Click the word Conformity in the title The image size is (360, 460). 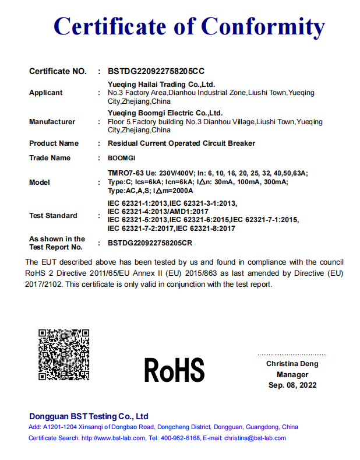(263, 26)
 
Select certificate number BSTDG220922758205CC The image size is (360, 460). (156, 71)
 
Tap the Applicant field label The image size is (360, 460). (45, 93)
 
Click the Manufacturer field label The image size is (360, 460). (52, 122)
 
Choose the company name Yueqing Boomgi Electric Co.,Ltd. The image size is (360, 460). (165, 113)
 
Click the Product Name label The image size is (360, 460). (54, 143)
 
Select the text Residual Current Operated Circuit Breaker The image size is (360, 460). (181, 143)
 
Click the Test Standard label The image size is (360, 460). (53, 216)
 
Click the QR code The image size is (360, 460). (64, 355)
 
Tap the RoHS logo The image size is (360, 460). (174, 370)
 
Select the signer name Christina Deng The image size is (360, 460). (292, 364)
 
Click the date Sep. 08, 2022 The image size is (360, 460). (292, 385)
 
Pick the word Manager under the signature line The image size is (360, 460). (292, 375)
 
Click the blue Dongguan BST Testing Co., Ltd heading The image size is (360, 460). (89, 416)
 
